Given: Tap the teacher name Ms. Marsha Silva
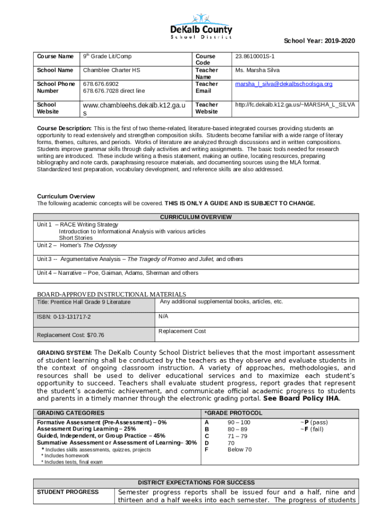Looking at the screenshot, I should coord(257,70).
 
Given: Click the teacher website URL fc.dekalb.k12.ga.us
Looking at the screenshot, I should coord(295,105).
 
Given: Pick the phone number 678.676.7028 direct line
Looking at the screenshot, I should coord(114,91).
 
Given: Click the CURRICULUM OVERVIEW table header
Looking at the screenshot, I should coord(196,217).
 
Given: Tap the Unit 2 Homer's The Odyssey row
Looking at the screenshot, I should coord(77,245).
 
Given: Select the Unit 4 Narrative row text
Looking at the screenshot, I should coord(118,273).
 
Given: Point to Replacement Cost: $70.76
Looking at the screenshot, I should coord(71,335).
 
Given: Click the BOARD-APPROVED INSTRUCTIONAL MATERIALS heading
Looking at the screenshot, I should coord(111,294).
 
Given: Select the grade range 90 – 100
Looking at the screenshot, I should coord(239,423).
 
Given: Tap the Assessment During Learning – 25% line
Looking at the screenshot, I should coord(79,429).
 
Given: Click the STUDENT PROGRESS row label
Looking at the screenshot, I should coord(68,492).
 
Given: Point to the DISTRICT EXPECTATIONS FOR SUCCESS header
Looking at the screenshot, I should coord(196,482).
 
